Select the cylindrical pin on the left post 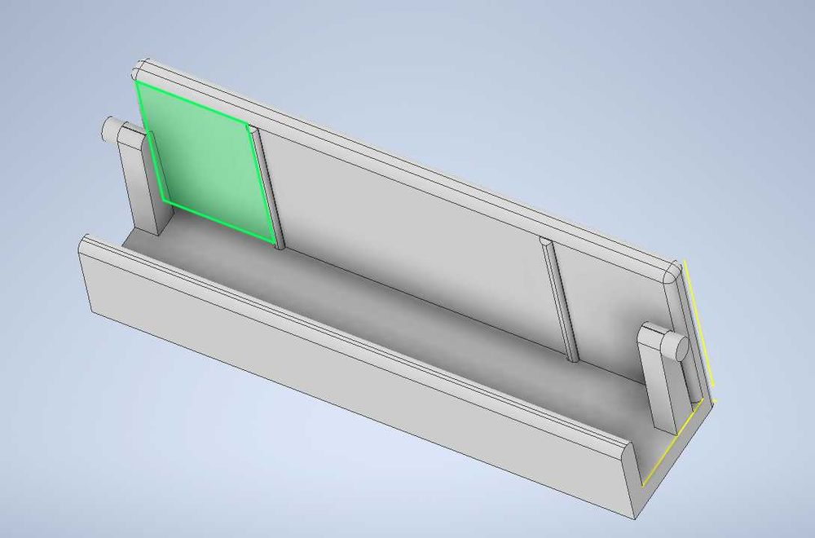coord(109,130)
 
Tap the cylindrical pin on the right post coord(676,346)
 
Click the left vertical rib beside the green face coord(267,187)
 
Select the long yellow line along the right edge coord(698,330)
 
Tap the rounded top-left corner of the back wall coord(141,67)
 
